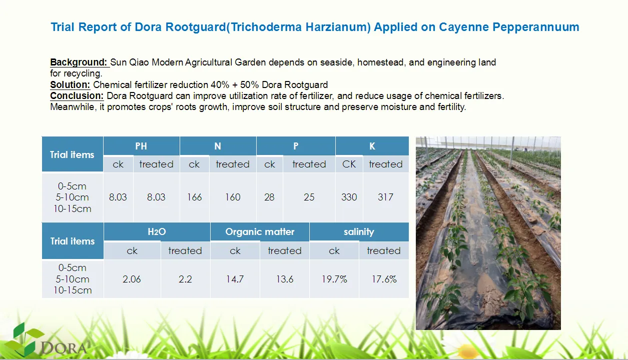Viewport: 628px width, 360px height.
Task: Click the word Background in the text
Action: pyautogui.click(x=78, y=62)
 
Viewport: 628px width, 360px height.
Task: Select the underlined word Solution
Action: pyautogui.click(x=70, y=84)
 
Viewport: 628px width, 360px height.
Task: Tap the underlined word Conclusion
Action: pyautogui.click(x=77, y=96)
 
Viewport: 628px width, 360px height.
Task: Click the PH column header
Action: pyautogui.click(x=141, y=146)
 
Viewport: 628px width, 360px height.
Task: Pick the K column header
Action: pyautogui.click(x=372, y=146)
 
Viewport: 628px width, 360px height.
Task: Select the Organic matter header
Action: pyautogui.click(x=260, y=231)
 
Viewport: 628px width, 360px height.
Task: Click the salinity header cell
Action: pyautogui.click(x=359, y=231)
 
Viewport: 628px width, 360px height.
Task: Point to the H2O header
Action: pyautogui.click(x=157, y=231)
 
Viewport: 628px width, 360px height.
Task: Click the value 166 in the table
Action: pyautogui.click(x=194, y=197)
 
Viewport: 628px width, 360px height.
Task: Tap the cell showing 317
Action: pyautogui.click(x=385, y=197)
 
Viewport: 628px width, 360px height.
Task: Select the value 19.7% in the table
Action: pyautogui.click(x=334, y=279)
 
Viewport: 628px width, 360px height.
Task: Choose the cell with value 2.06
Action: pyautogui.click(x=132, y=279)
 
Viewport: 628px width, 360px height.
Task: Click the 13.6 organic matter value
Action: pyautogui.click(x=285, y=279)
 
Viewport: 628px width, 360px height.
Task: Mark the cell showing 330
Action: pyautogui.click(x=349, y=197)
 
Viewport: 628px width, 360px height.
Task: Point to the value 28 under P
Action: pyautogui.click(x=269, y=197)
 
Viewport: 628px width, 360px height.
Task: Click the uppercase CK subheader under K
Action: pyautogui.click(x=349, y=164)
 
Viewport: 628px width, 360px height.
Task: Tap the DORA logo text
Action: pyautogui.click(x=64, y=348)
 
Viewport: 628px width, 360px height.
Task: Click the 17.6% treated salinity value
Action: pyautogui.click(x=384, y=279)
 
